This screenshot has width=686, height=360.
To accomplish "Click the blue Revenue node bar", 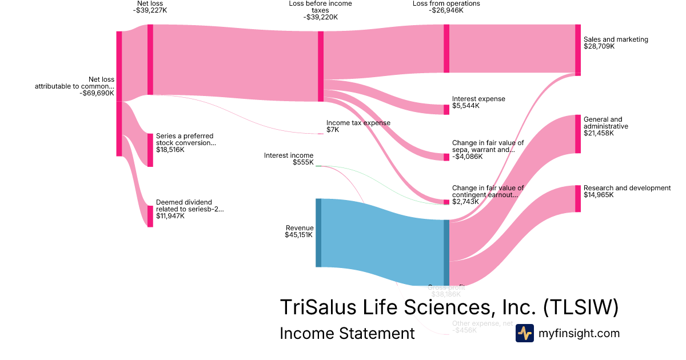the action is pos(318,233).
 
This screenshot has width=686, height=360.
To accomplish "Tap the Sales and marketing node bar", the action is pos(577,50).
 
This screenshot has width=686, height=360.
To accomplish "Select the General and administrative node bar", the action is pos(577,134).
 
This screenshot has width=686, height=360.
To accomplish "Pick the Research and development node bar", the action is pos(577,198).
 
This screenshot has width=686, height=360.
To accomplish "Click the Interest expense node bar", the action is pos(446,110).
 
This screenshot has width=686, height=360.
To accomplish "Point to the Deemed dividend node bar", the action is pos(150,216).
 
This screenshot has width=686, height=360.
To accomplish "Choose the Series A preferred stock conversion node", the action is pos(150,150).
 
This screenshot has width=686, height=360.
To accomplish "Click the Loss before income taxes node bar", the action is pos(321,66).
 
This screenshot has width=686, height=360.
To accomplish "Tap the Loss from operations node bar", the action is pos(446,49).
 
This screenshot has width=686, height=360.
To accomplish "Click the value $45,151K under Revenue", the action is pos(298,235).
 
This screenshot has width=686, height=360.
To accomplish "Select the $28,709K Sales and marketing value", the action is pos(599,46).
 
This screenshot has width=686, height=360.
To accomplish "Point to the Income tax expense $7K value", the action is pos(333,130).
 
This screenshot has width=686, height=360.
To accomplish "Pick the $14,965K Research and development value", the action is pos(599,195).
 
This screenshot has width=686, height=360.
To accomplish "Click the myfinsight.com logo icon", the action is pos(524,333).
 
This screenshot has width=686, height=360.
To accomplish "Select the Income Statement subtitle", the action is pos(347,333).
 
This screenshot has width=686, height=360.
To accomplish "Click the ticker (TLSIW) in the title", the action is pos(580,307).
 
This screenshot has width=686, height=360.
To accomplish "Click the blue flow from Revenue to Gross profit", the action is pos(383,243).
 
